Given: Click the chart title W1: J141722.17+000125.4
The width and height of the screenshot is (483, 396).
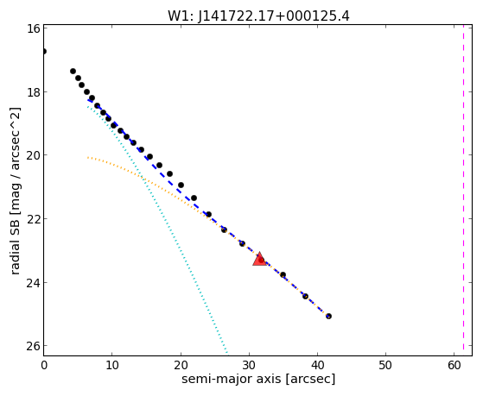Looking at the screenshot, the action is (x=258, y=16).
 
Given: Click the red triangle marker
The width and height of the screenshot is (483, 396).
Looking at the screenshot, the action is (x=259, y=259).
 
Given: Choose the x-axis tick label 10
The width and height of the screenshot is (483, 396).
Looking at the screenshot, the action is (x=112, y=365).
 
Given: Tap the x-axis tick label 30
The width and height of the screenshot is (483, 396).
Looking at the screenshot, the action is (x=249, y=365).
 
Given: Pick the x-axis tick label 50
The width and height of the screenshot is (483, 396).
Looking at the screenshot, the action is (x=385, y=365).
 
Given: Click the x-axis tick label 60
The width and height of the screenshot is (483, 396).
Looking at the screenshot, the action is (x=454, y=365).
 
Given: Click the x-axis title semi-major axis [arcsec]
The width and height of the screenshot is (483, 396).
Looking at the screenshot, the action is (x=258, y=379).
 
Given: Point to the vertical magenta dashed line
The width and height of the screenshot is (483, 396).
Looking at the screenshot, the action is (x=463, y=190).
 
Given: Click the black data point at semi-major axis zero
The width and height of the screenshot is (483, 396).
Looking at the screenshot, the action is (x=44, y=51).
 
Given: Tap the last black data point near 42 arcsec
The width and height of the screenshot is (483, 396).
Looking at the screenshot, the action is (x=328, y=316).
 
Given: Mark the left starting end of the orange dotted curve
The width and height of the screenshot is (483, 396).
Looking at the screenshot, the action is (x=88, y=158).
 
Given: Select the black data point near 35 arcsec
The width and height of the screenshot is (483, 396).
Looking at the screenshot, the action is (x=283, y=274).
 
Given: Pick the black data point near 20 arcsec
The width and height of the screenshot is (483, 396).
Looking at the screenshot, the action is (x=181, y=185).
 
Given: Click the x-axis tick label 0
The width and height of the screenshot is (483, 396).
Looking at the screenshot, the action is (x=44, y=365).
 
